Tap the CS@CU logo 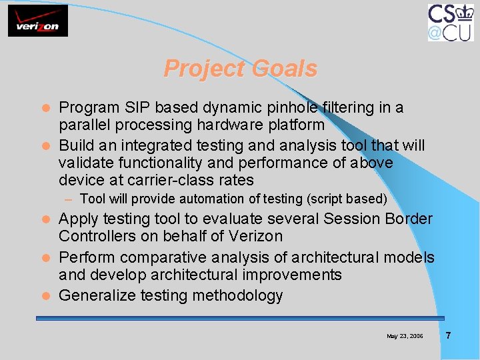pos(451,22)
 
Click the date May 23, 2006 pos(405,336)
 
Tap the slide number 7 pos(448,335)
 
